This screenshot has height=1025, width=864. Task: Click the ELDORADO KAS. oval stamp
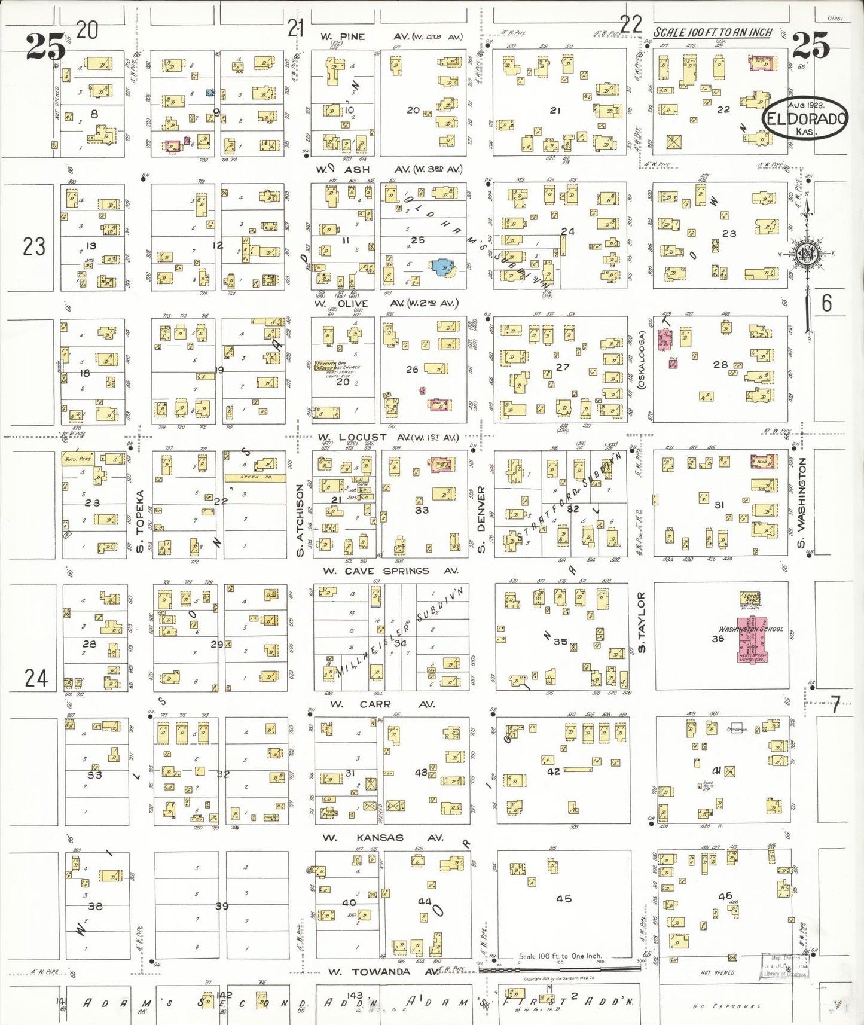805,118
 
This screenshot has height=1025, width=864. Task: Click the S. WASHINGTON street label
802,503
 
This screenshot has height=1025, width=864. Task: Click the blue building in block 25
442,267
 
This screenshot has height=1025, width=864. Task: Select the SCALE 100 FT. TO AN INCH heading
713,32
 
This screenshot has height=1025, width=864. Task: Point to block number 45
563,899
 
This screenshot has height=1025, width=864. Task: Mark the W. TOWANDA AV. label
380,972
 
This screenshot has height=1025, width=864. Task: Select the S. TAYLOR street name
642,623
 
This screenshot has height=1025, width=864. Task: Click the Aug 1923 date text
805,105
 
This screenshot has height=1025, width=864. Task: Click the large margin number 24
36,678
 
